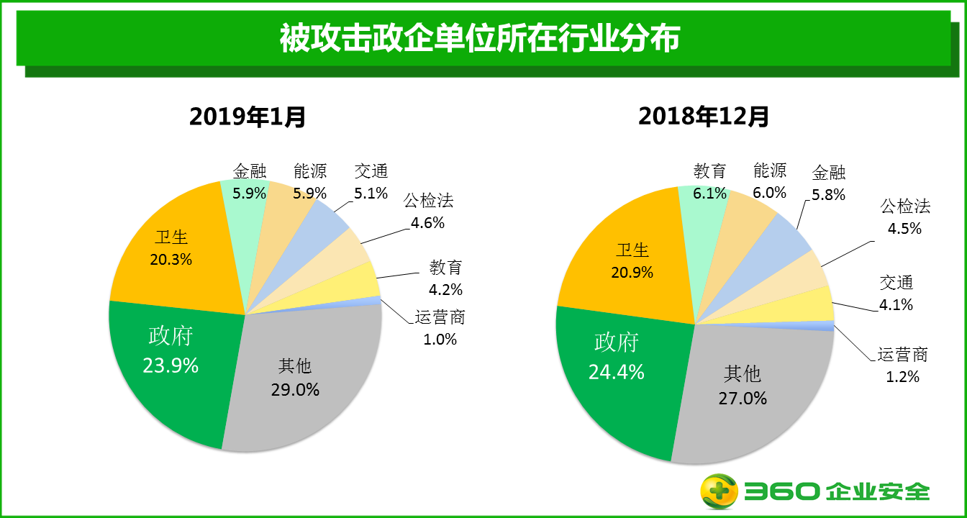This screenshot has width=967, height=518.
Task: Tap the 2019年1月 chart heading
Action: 248,116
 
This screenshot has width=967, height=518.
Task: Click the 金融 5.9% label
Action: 250,182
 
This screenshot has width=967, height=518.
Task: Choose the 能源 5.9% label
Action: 310,182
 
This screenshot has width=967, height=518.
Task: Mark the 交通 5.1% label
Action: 371,182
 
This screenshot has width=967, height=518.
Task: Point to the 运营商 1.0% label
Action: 440,329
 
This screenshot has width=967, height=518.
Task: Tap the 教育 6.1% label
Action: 709,182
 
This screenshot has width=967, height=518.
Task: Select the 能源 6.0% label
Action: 770,181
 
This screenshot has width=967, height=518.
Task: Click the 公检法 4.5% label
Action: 906,217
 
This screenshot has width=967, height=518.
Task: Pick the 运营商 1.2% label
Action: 903,365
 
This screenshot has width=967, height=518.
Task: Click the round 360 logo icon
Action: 719,491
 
